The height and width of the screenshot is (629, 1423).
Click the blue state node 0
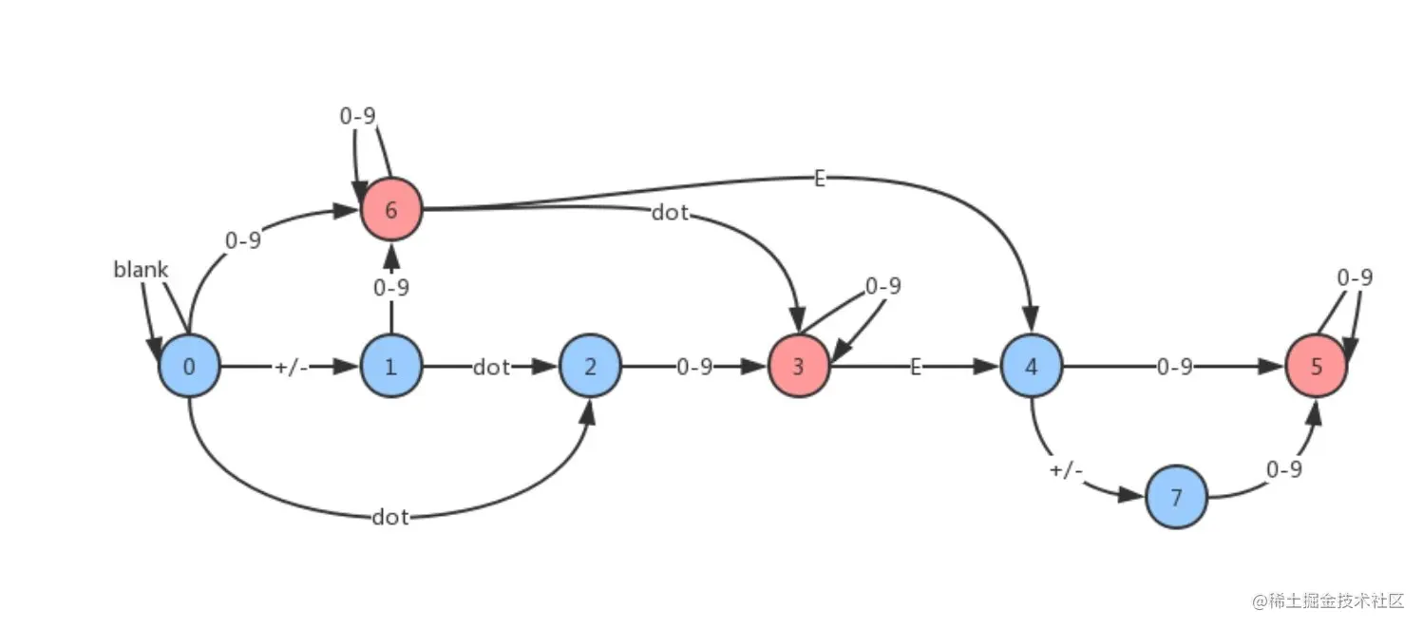189,366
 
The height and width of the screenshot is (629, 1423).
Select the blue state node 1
390,366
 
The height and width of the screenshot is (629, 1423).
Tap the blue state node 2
590,366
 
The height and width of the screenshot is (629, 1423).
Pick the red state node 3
798,366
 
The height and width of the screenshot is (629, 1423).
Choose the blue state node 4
1032,366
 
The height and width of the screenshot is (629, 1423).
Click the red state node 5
1316,366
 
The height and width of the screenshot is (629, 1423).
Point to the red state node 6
390,208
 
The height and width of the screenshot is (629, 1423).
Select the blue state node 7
1176,497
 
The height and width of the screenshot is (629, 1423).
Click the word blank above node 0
141,270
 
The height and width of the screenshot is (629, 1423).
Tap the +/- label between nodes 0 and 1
292,367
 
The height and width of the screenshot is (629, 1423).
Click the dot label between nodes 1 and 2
491,367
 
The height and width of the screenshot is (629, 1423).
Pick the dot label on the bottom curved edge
390,517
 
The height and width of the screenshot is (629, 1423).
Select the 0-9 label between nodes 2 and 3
694,367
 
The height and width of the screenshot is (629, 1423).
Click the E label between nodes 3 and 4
916,367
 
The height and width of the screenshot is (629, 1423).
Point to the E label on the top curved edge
820,178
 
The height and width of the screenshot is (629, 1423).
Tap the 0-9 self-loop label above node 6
358,116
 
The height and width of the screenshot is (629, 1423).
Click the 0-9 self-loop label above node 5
1355,277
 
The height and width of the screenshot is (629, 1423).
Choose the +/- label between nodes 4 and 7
1066,470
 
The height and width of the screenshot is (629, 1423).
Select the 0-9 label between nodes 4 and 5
1174,367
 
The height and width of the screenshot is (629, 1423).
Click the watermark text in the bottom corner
1327,600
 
